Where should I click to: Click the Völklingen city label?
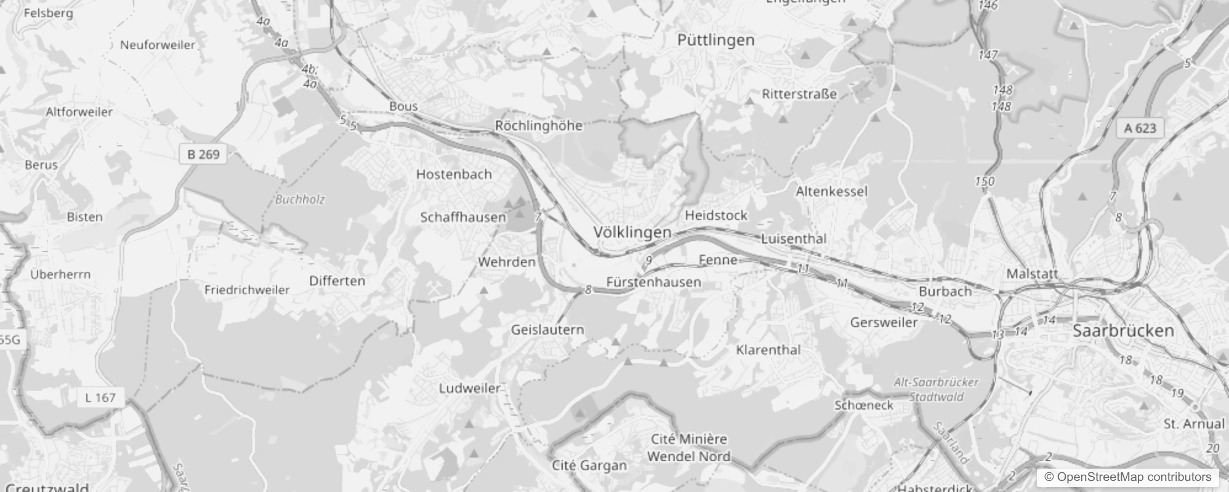[x=632, y=232]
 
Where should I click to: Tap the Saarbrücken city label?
[x=1123, y=331]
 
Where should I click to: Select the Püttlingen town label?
[x=715, y=41]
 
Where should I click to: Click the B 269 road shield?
[x=203, y=154]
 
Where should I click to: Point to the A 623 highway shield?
[x=1140, y=128]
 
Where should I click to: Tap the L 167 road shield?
[x=100, y=397]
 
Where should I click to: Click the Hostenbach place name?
[x=454, y=174]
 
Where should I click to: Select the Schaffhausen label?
[x=463, y=217]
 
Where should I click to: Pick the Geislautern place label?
[x=547, y=330]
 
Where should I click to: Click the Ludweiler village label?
[x=469, y=388]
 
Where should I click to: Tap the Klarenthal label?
[x=768, y=350]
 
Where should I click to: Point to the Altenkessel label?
[x=831, y=191]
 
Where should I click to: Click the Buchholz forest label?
[x=300, y=199]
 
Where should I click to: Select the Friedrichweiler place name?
[x=247, y=290]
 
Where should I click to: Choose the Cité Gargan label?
[x=589, y=466]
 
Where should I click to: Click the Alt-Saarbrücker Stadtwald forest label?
[x=936, y=389]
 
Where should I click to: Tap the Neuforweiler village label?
[x=158, y=45]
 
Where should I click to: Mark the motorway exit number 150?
[x=985, y=181]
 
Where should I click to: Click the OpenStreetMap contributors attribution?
[x=1127, y=477]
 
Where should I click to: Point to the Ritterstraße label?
[x=799, y=94]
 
